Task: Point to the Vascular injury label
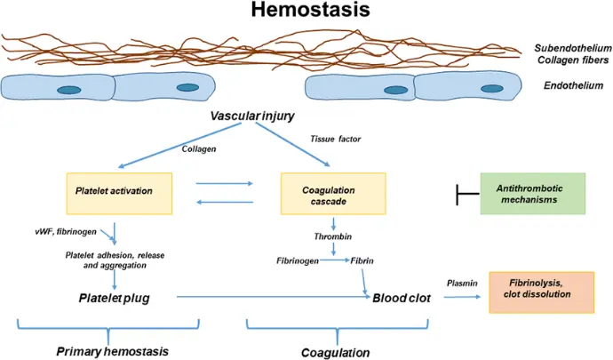click(253, 117)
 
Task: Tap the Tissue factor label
click(334, 140)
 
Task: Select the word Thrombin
click(332, 237)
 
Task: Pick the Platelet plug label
click(114, 298)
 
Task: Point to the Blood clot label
click(402, 299)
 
